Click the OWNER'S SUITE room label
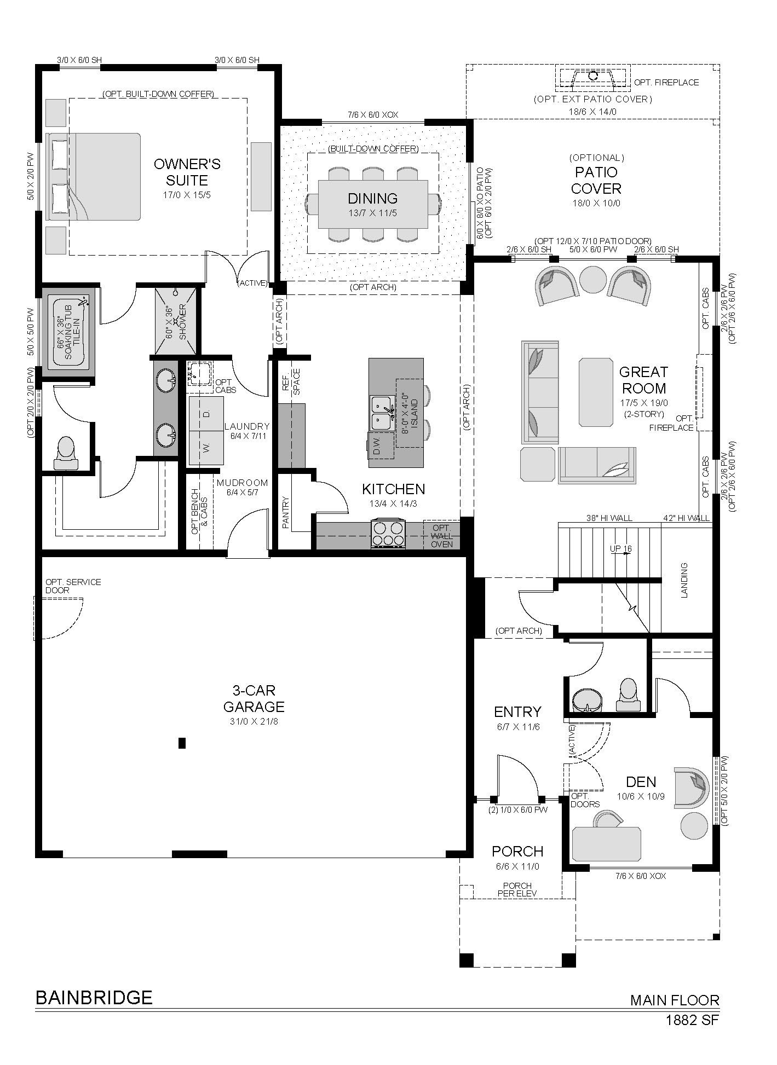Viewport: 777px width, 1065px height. click(187, 172)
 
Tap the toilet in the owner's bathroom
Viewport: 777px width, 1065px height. click(66, 453)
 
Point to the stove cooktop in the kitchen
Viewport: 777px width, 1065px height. click(388, 534)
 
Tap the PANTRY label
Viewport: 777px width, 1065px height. click(285, 512)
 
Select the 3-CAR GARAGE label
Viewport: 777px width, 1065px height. click(254, 698)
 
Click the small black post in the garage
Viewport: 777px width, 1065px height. click(182, 743)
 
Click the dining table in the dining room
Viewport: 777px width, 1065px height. click(373, 204)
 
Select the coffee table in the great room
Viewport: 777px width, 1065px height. click(595, 392)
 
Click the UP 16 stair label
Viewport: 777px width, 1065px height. click(620, 548)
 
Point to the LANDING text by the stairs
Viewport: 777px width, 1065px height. click(684, 580)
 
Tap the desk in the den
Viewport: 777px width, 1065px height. click(606, 844)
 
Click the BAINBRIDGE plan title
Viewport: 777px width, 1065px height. click(94, 998)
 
